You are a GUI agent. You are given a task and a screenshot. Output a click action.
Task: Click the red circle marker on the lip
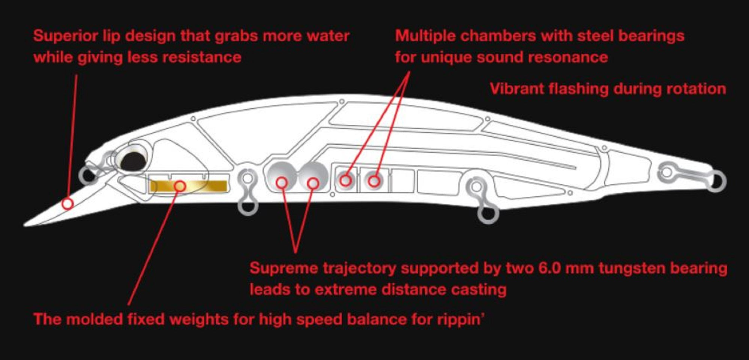coord(67,204)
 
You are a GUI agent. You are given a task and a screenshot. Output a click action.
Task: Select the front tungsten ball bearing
coord(282,177)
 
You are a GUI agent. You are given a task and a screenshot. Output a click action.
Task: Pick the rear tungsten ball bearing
coord(314,177)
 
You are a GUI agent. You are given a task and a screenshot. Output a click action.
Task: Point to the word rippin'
coord(461,320)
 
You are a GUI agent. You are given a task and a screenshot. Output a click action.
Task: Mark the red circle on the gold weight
coord(180,186)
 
